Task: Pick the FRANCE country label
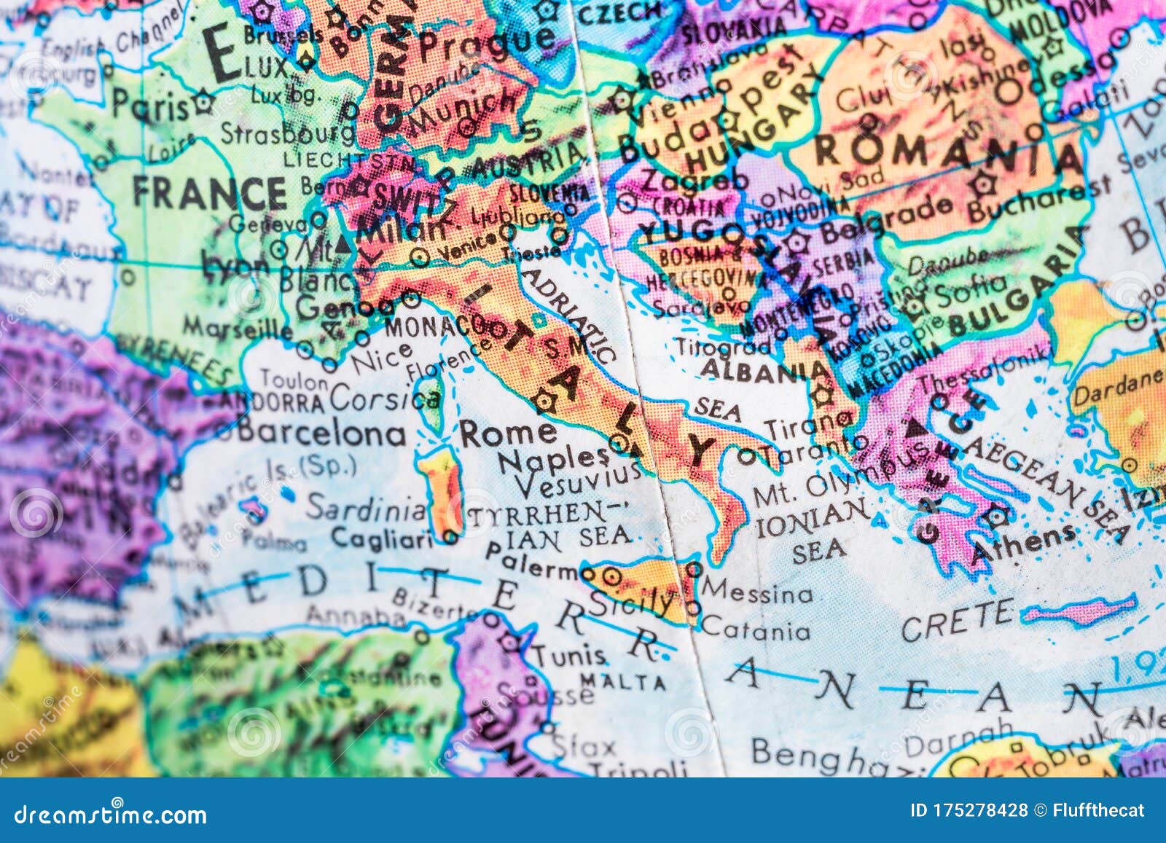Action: click(209, 193)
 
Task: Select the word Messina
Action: click(758, 592)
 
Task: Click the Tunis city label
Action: click(568, 655)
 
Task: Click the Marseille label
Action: click(238, 327)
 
